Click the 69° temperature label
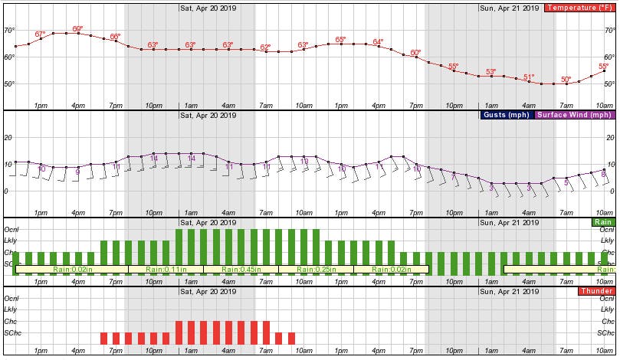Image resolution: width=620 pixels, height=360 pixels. pos(77,29)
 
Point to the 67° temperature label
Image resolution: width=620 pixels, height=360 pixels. pos(40,34)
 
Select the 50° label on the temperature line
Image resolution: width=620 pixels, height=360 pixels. pos(566,79)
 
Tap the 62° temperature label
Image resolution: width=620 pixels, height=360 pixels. pos(265,47)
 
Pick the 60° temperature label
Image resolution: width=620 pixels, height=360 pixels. pos(415,53)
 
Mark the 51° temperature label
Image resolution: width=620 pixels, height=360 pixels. pos(529,77)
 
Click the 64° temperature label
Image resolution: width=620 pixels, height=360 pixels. pos(378,41)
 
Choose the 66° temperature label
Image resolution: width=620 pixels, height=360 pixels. pos(115,37)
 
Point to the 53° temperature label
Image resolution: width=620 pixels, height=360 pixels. pos(490,71)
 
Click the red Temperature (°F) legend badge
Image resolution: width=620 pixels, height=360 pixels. pos(579,8)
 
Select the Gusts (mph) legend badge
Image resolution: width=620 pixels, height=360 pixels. pos(507,115)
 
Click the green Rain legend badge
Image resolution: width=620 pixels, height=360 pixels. pos(602,222)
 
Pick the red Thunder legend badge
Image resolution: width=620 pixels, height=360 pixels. pos(595,291)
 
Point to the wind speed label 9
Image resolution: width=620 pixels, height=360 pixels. pos(77,172)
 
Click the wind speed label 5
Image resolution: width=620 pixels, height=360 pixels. pos(566,182)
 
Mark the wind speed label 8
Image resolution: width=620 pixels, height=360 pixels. pos(603,175)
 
